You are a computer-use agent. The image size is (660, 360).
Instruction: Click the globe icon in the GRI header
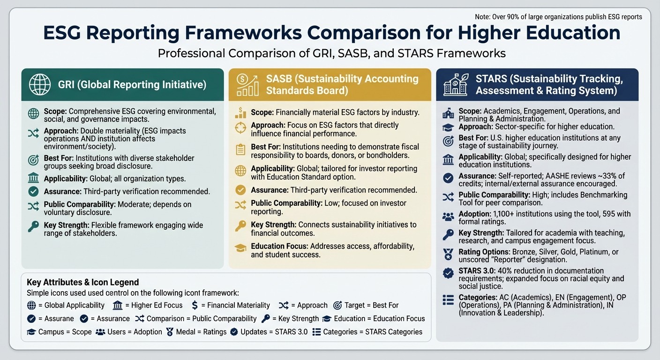[40, 85]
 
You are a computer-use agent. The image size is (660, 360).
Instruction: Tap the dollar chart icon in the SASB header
[247, 85]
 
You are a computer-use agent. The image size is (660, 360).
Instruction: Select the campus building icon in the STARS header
[455, 85]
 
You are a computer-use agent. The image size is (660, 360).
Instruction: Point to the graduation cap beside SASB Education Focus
[240, 247]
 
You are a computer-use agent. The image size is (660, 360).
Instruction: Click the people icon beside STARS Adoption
[448, 216]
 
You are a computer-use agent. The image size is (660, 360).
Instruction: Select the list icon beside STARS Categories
[448, 300]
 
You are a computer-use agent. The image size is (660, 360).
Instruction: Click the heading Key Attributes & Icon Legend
[82, 282]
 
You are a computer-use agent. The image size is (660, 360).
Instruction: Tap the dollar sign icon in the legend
[195, 305]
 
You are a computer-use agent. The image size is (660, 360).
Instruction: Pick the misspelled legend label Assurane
[56, 319]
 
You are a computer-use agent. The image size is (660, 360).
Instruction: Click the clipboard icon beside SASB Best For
[240, 150]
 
